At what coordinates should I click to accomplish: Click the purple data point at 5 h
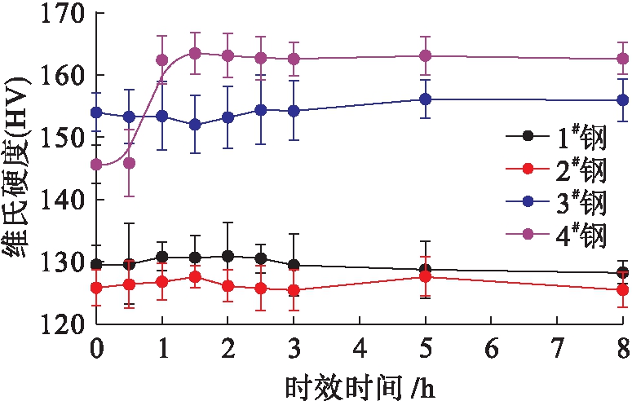(425, 55)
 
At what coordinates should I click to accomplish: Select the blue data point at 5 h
(425, 99)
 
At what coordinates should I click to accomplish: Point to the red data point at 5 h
(425, 277)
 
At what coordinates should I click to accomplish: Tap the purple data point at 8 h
(622, 59)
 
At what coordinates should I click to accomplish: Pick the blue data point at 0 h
(96, 112)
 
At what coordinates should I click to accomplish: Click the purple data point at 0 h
(96, 165)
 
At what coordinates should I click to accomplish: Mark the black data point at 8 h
(622, 273)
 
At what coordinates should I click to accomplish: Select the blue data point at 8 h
(622, 100)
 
